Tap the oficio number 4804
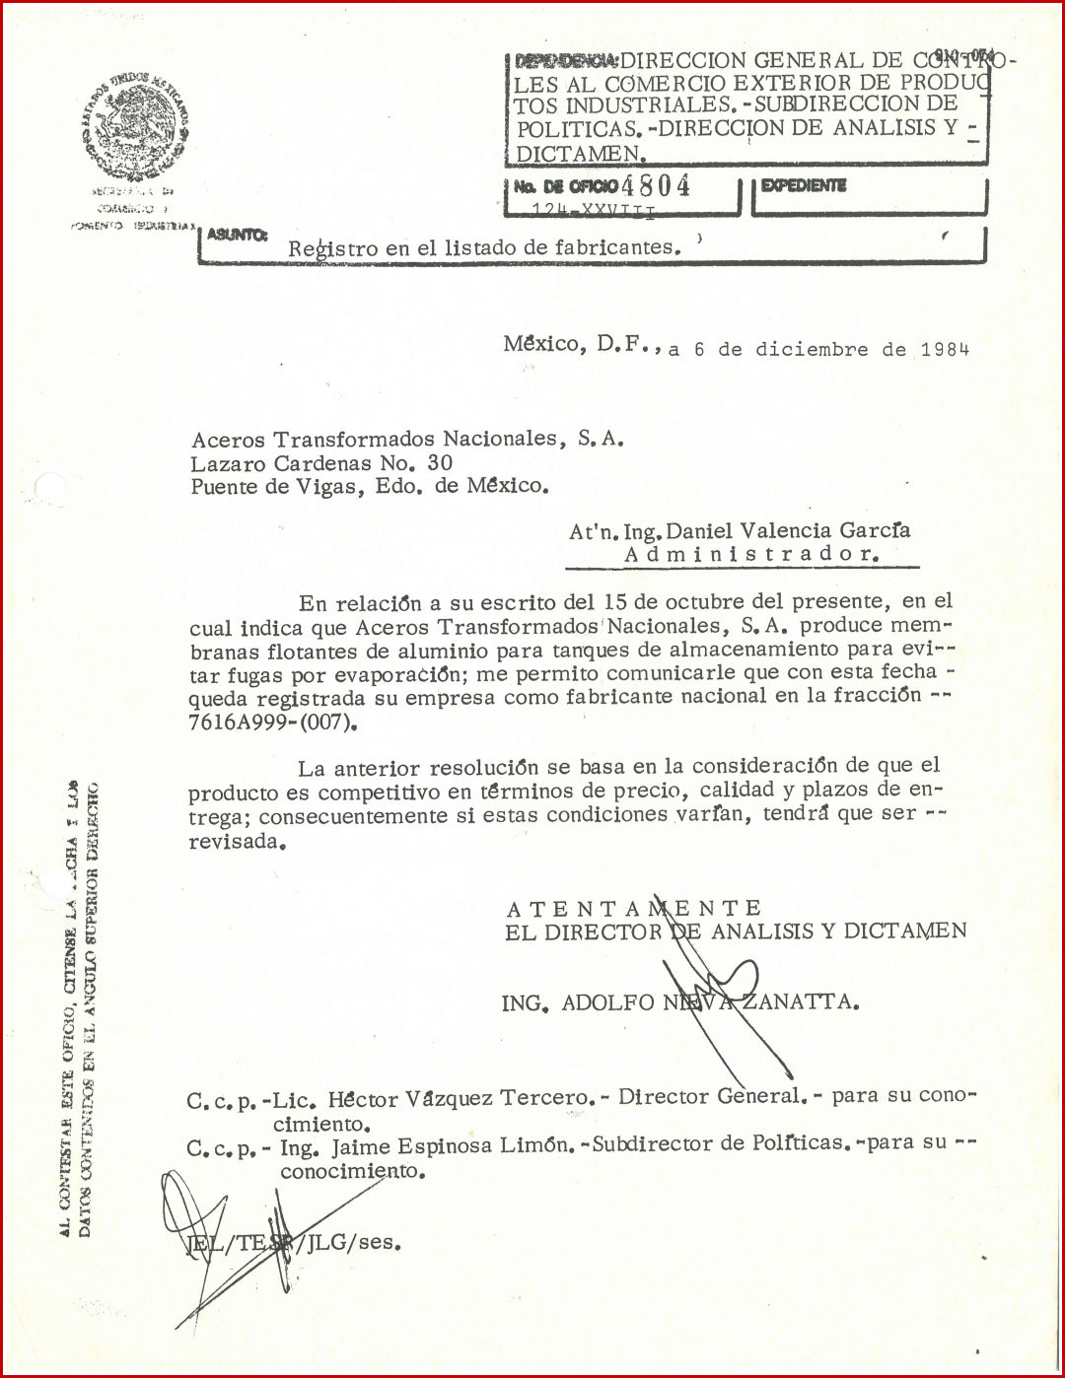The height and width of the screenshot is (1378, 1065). tap(656, 185)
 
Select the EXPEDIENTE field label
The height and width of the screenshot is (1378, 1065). tap(804, 185)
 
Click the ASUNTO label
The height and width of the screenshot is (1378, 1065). tap(237, 235)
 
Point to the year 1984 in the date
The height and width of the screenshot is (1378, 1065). tap(945, 349)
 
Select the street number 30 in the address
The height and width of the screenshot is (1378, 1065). tap(440, 462)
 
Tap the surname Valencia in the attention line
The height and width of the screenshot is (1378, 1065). tap(786, 530)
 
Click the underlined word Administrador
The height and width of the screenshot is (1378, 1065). tap(750, 554)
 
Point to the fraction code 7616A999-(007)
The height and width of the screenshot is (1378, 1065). tap(272, 722)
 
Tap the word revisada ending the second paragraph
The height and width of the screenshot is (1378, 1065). tap(236, 842)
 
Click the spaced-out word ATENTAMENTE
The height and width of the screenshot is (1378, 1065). tap(634, 908)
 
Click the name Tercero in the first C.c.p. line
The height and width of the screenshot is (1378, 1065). tap(548, 1098)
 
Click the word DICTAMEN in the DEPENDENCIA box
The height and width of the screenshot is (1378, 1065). tap(579, 154)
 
